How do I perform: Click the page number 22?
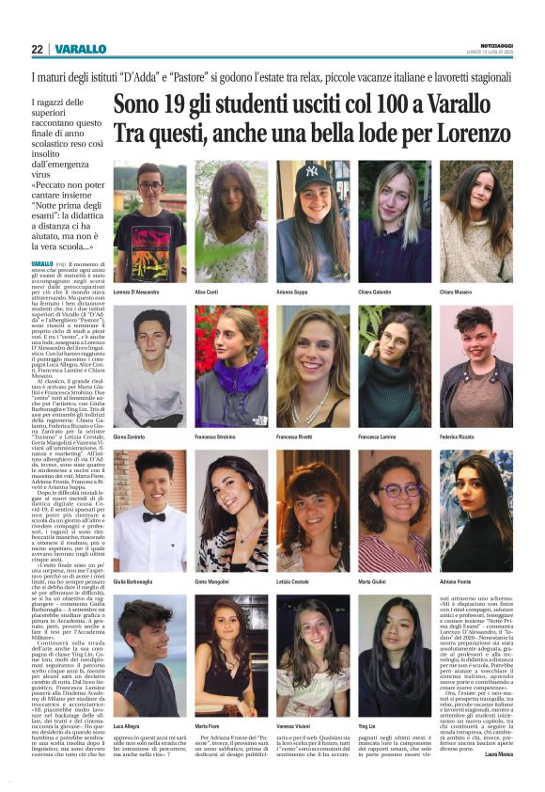pyautogui.click(x=37, y=49)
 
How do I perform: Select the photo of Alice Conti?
pyautogui.click(x=231, y=221)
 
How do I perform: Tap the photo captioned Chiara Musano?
pyautogui.click(x=475, y=221)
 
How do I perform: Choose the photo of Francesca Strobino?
pyautogui.click(x=231, y=366)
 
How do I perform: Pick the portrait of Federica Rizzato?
pyautogui.click(x=475, y=366)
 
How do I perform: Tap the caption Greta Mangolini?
pyautogui.click(x=217, y=582)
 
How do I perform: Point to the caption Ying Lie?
pyautogui.click(x=368, y=727)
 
